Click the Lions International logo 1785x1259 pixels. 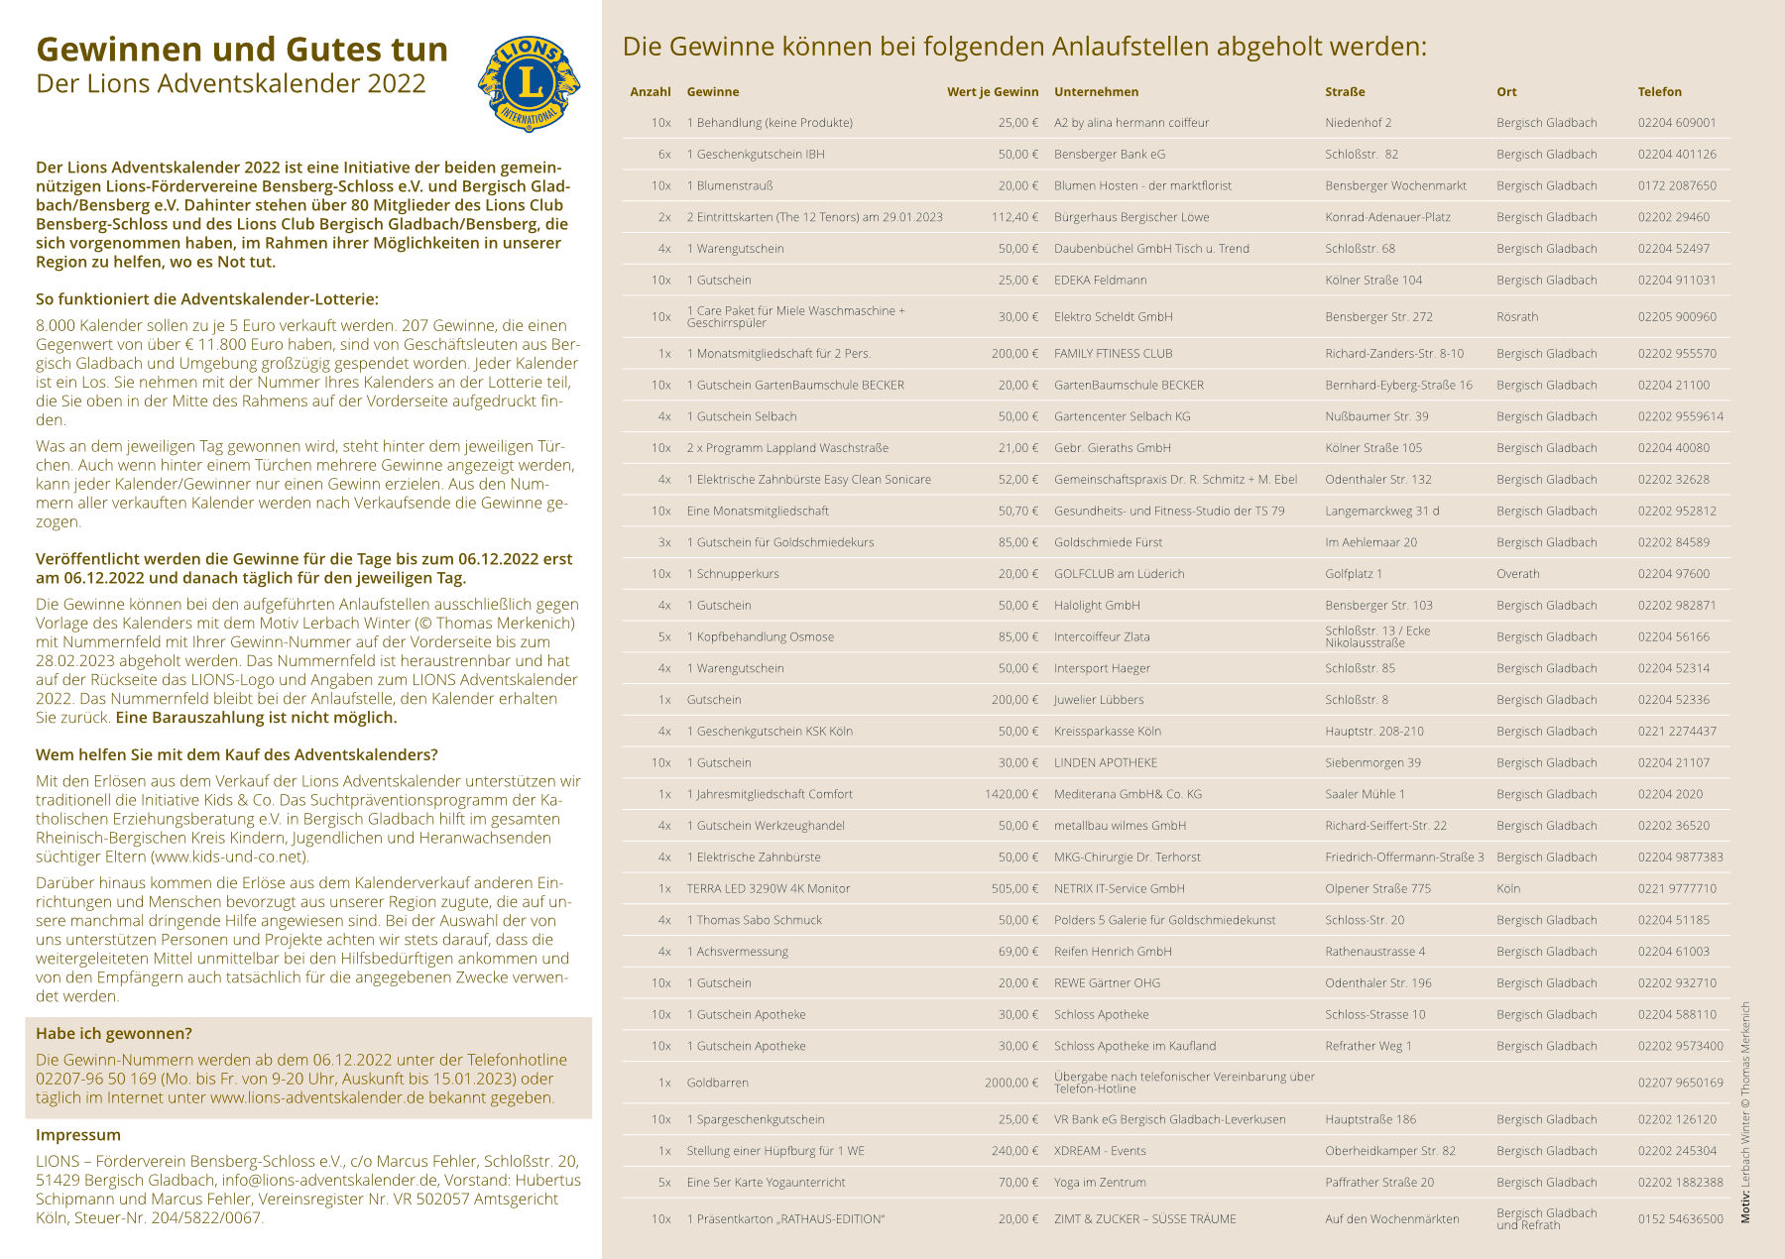529,83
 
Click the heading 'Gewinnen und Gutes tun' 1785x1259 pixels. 242,50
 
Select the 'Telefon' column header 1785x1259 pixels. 1659,92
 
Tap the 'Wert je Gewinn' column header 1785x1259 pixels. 992,92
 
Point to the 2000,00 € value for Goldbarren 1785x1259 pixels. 1011,1083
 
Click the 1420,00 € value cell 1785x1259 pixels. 1011,794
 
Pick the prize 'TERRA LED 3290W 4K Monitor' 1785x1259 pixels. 768,889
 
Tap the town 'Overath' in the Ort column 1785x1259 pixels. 1517,574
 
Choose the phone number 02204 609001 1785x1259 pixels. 1676,123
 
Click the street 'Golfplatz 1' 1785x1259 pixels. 1353,574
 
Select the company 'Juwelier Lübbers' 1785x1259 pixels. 1098,700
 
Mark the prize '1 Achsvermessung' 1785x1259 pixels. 737,952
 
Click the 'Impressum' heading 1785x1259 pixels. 78,1135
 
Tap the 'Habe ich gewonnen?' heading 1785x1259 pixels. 114,1033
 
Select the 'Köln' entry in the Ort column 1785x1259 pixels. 1507,889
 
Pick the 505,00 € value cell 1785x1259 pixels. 1014,889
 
